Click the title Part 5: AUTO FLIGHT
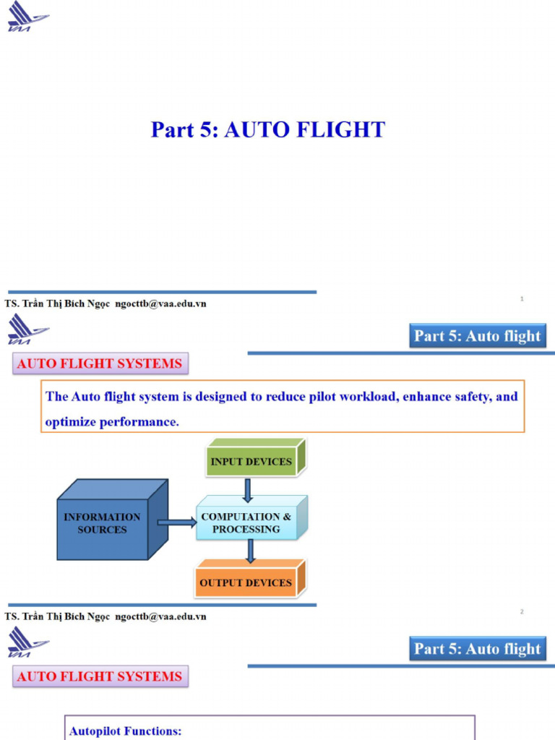coord(267,130)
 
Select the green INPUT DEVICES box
coord(251,461)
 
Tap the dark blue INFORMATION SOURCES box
coord(102,523)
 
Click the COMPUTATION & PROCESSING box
coord(246,522)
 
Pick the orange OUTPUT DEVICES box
coord(246,582)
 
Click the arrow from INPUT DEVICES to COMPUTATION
coord(248,490)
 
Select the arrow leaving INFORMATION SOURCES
coord(176,522)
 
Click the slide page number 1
coord(522,299)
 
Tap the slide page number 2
coord(522,612)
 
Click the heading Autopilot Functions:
coord(125,731)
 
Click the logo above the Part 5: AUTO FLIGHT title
coord(27,16)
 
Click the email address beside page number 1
coord(160,304)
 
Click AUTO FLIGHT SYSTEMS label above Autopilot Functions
coord(100,676)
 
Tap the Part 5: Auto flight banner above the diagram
coord(477,336)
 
